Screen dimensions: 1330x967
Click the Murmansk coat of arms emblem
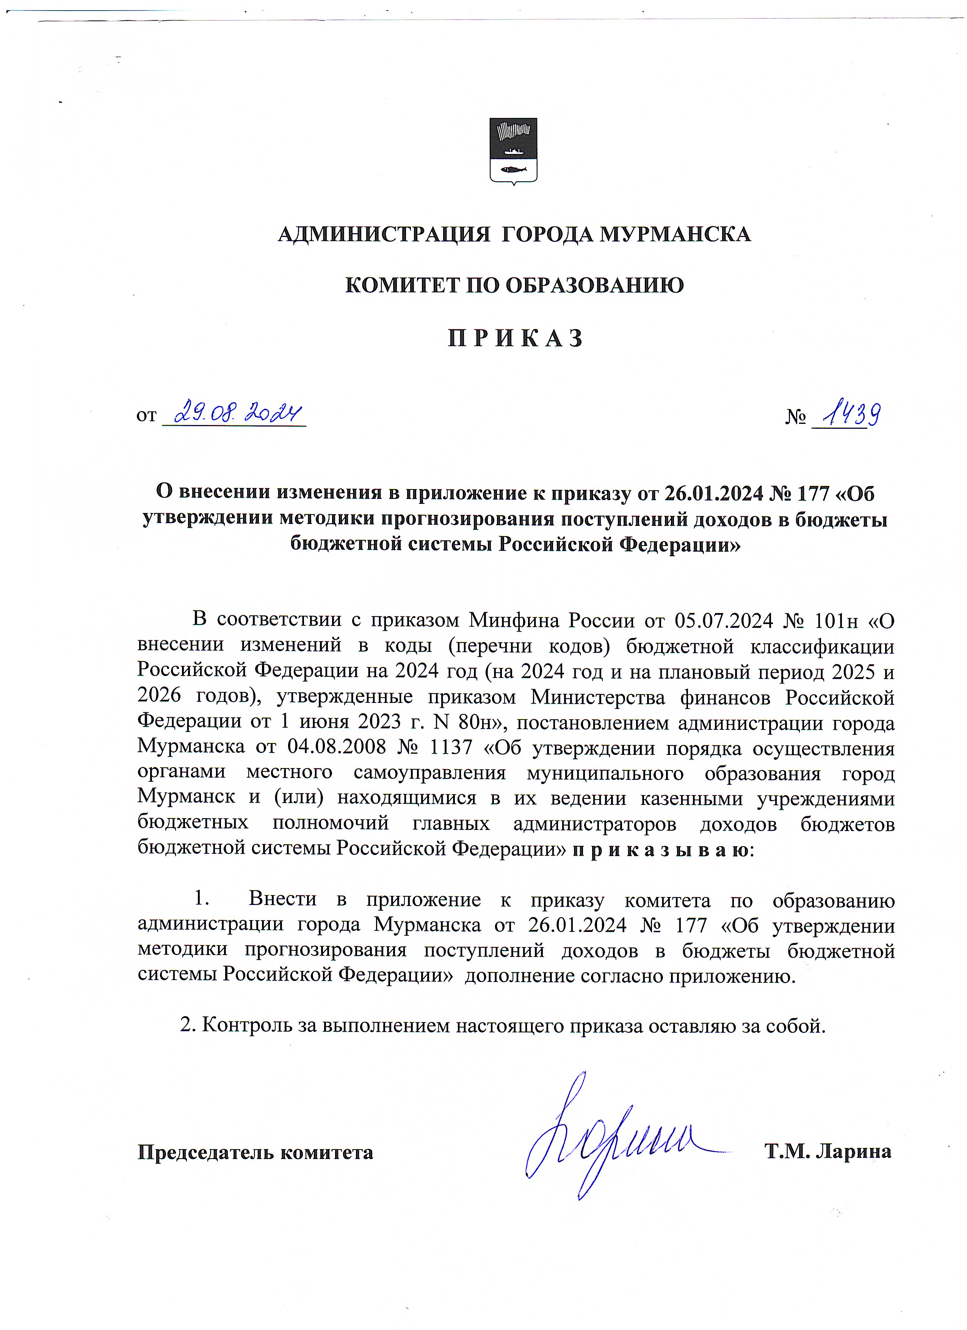tap(513, 151)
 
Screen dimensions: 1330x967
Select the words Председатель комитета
tap(255, 1152)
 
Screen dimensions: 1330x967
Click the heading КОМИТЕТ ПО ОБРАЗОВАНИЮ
tap(514, 285)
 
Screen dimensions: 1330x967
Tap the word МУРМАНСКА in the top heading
tap(675, 235)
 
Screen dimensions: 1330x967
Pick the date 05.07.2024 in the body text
tap(724, 620)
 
